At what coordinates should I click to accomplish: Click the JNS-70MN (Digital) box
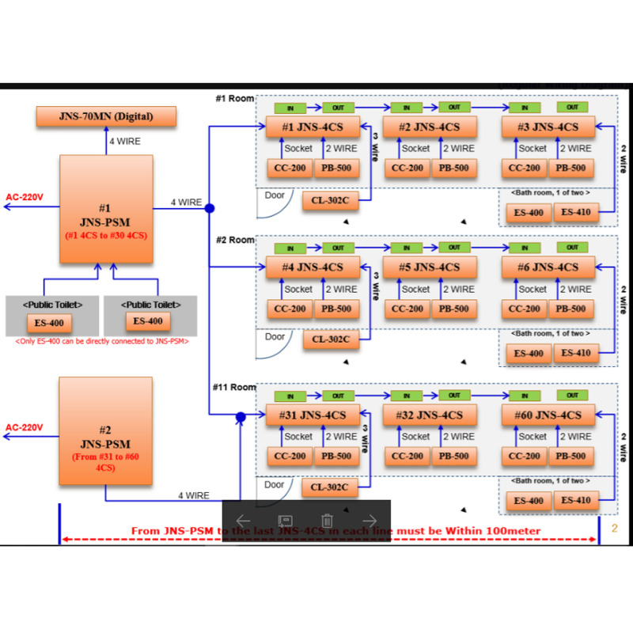[106, 117]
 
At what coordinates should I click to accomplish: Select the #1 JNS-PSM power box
[105, 209]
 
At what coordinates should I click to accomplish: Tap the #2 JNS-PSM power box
[105, 431]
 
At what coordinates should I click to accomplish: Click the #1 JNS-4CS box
[312, 127]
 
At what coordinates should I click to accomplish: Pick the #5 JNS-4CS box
[430, 267]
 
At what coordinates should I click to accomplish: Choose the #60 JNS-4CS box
[548, 415]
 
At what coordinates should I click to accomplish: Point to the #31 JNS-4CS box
[312, 415]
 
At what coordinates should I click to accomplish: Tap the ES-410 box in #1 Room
[576, 212]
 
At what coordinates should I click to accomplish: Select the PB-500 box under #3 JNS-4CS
[570, 168]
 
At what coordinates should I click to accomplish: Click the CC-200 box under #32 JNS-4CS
[408, 456]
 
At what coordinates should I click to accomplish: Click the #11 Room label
[234, 388]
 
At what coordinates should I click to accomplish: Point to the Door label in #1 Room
[275, 195]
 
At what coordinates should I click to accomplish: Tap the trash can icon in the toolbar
[327, 521]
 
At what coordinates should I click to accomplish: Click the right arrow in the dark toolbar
[369, 521]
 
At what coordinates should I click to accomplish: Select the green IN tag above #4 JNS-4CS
[290, 248]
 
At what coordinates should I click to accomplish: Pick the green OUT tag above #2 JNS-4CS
[454, 107]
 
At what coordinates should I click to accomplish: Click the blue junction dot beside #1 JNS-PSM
[210, 209]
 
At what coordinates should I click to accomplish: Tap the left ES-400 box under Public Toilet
[48, 322]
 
